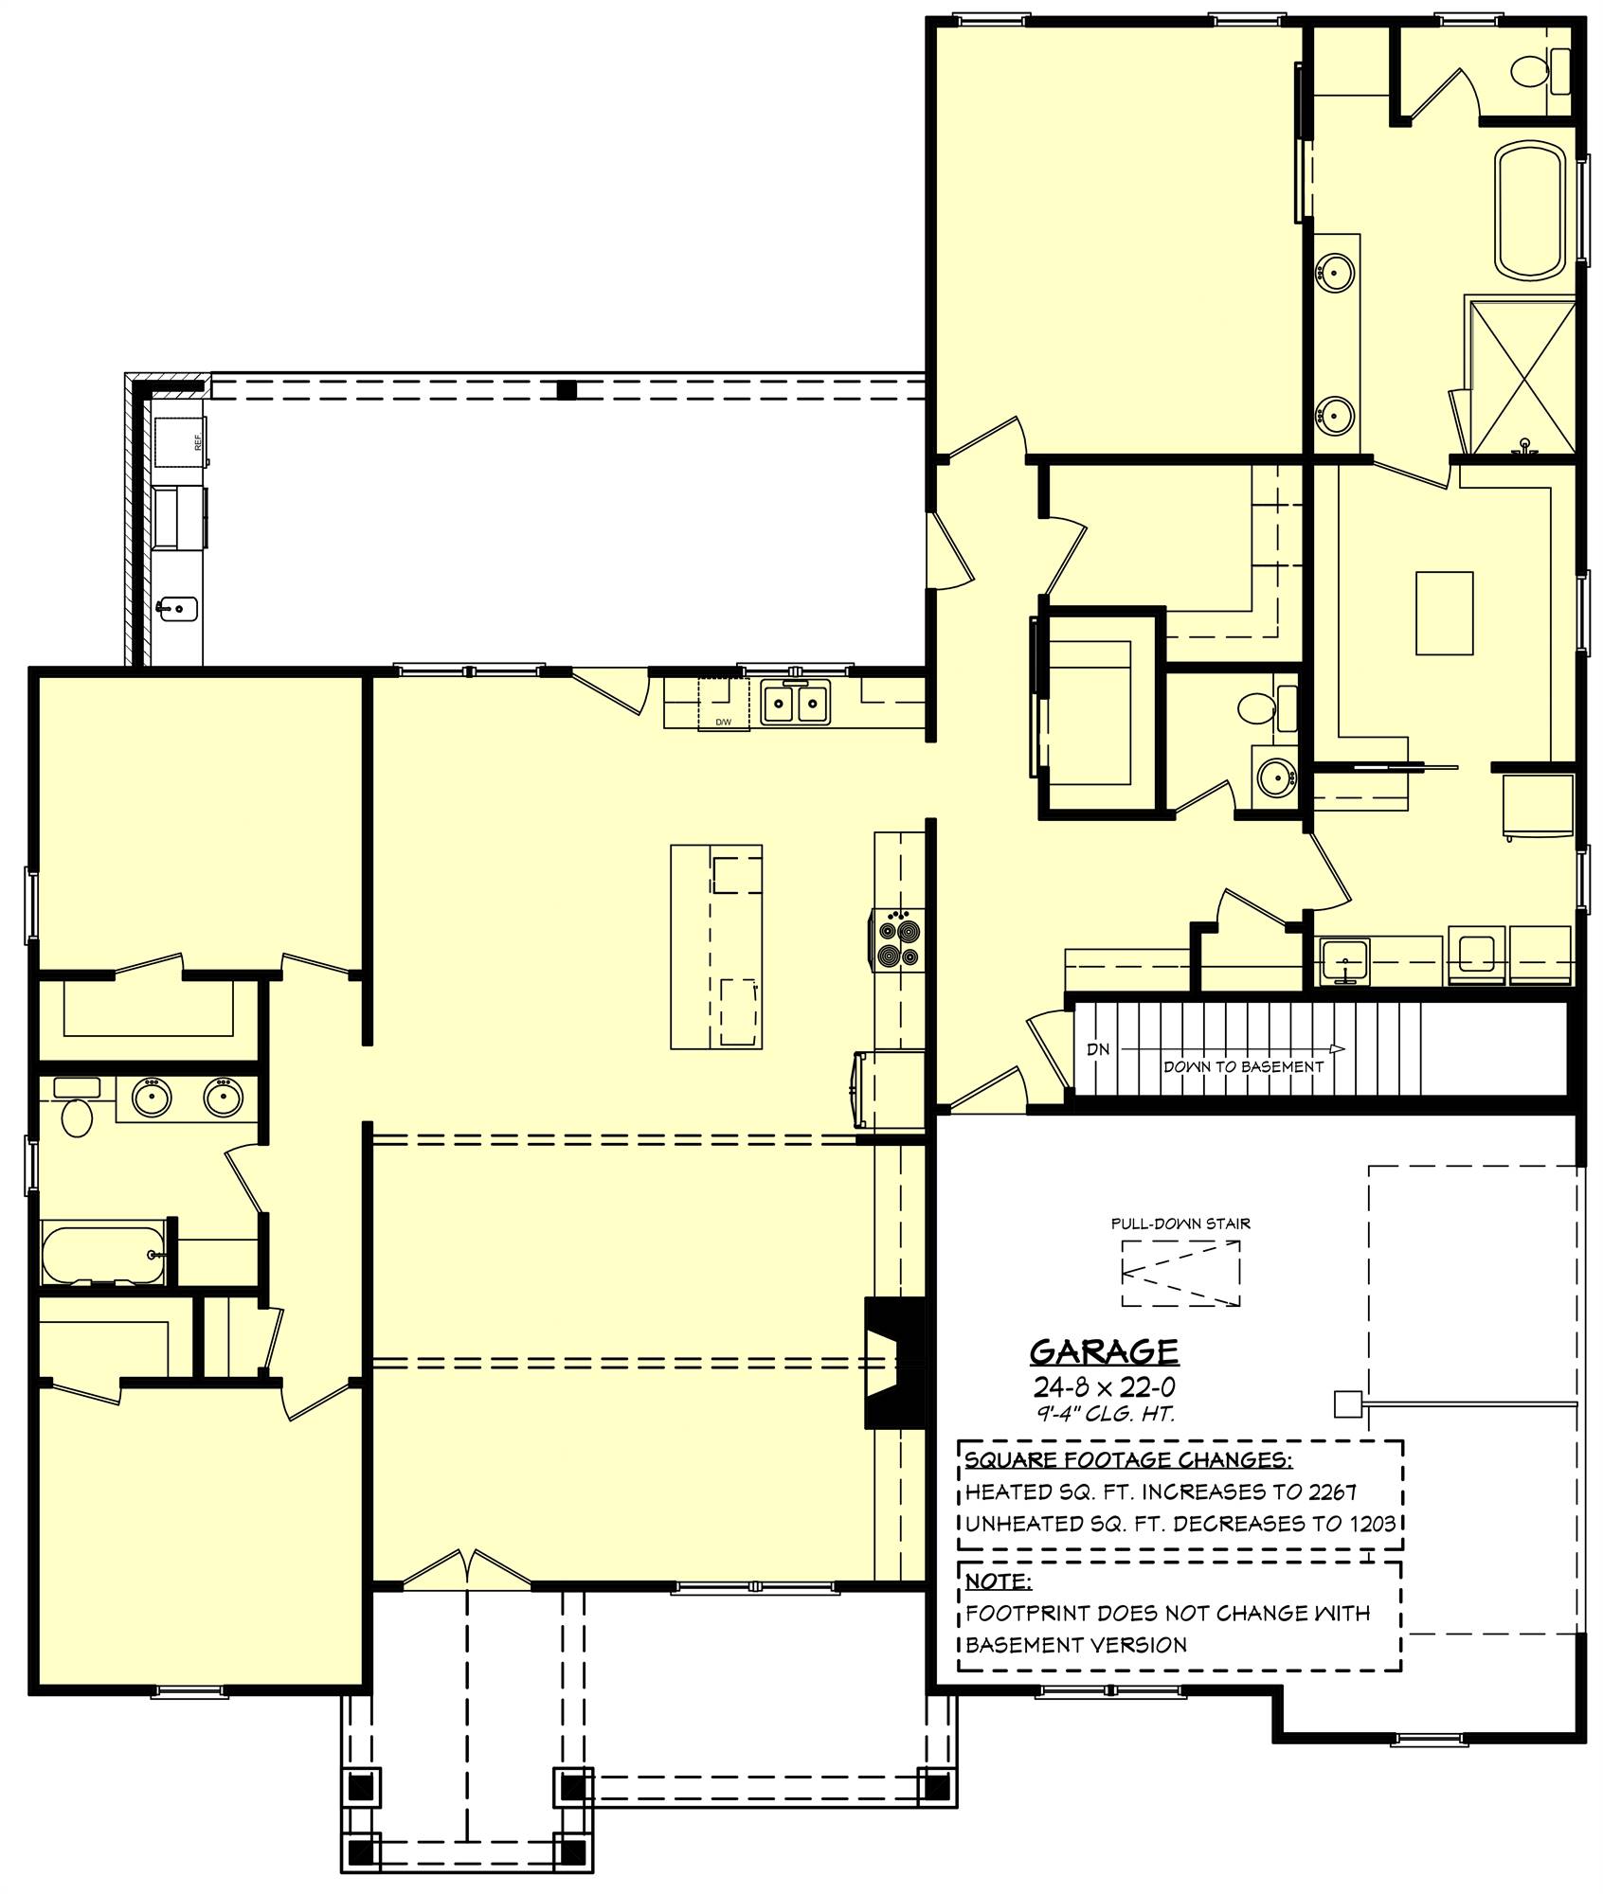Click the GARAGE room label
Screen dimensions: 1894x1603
click(x=1104, y=1350)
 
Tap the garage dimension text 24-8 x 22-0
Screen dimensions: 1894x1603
click(x=1104, y=1387)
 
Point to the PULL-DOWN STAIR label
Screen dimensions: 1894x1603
click(x=1180, y=1224)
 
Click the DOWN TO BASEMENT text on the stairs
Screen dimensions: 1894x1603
click(x=1243, y=1066)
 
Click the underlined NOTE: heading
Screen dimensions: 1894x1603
click(x=998, y=1581)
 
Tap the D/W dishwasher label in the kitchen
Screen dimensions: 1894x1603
click(x=723, y=723)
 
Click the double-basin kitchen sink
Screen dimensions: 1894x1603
click(x=795, y=703)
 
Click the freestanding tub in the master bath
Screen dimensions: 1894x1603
click(x=1528, y=210)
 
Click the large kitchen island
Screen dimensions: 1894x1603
click(x=716, y=946)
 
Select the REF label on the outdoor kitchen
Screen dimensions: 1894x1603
click(x=198, y=441)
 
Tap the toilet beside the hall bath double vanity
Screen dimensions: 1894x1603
click(x=76, y=1115)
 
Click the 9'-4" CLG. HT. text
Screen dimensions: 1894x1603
click(x=1104, y=1415)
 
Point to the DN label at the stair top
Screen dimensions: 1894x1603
click(x=1098, y=1049)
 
